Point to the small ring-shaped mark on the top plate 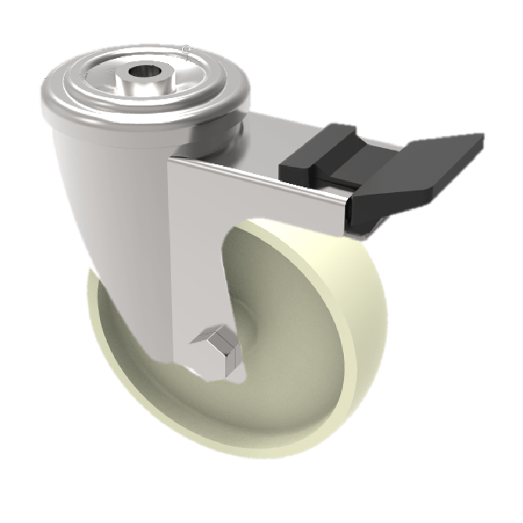point(187,49)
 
